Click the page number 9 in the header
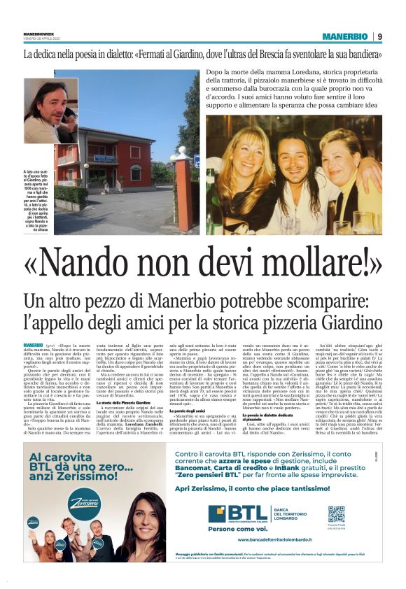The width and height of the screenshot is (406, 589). pos(379,36)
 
